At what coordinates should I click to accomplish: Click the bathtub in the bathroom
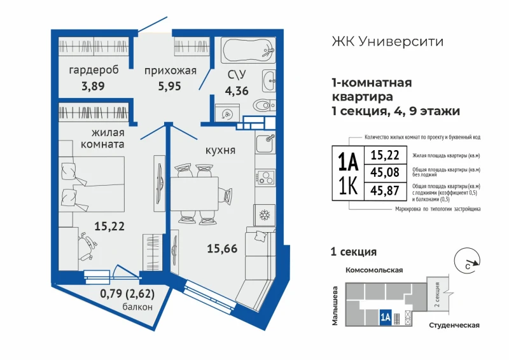tap(248, 50)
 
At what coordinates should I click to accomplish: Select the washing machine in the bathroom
tap(227, 113)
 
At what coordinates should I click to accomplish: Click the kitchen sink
tap(265, 144)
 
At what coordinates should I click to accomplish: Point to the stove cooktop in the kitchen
tap(265, 177)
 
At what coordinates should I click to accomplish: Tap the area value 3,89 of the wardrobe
tap(93, 86)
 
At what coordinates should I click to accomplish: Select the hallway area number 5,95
tap(169, 87)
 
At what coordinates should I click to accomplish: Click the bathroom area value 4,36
tap(237, 90)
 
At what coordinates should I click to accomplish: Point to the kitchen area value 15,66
tap(222, 249)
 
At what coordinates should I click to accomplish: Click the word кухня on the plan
tap(220, 150)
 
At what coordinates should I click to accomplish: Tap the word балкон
tap(137, 307)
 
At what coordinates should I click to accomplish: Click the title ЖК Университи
tap(387, 41)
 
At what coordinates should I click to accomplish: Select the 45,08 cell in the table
tap(385, 172)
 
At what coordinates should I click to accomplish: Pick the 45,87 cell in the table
tap(385, 191)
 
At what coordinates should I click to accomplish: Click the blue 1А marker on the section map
tap(386, 317)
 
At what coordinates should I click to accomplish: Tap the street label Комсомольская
tap(374, 270)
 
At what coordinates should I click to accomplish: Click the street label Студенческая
tap(454, 325)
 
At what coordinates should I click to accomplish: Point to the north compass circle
tap(467, 260)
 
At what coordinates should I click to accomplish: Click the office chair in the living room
tap(87, 246)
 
